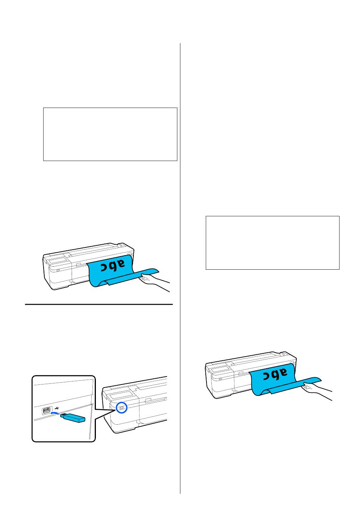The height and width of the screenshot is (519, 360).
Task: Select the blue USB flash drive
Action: click(72, 417)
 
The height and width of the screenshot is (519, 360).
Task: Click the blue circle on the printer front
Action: click(122, 407)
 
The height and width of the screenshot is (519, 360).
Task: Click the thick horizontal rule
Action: click(99, 304)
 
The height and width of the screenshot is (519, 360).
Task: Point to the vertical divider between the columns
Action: click(180, 268)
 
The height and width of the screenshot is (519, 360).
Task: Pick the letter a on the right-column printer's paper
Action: click(282, 372)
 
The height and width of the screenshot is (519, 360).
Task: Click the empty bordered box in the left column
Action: click(110, 134)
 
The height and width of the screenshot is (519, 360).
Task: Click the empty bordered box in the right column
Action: click(272, 243)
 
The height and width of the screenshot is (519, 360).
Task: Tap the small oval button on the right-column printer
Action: click(220, 379)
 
